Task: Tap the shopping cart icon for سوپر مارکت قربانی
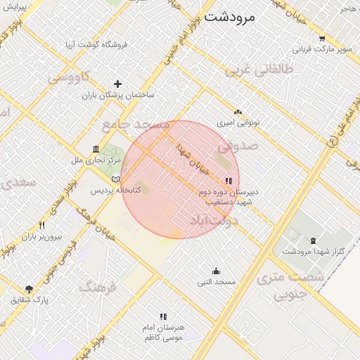tap(321, 39)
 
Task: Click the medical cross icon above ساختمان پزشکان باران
tap(117, 84)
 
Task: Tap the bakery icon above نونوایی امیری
tap(238, 112)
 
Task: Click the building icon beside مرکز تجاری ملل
tap(96, 150)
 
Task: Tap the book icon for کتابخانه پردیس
tap(126, 179)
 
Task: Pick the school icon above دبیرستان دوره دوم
tap(228, 181)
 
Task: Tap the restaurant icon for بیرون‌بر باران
tap(41, 226)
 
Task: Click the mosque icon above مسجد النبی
tap(216, 271)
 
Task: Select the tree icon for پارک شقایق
tap(29, 289)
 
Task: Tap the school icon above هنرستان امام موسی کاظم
tap(163, 317)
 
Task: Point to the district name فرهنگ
tap(96, 286)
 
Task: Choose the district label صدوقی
tap(238, 147)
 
